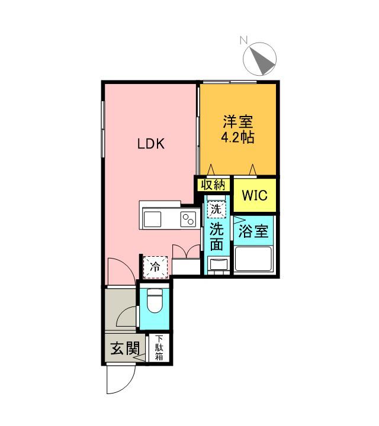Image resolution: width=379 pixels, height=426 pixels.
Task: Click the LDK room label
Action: (151, 143)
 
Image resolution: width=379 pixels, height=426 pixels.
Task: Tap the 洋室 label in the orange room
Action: (237, 122)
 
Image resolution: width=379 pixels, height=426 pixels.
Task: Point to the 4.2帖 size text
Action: (237, 138)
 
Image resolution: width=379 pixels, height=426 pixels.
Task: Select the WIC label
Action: (255, 195)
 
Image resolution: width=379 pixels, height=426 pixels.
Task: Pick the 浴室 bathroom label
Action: (254, 231)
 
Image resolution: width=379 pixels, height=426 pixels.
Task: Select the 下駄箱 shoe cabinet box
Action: (159, 348)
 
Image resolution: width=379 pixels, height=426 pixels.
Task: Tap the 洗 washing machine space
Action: (217, 209)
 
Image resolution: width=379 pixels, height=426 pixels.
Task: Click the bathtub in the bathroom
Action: (254, 259)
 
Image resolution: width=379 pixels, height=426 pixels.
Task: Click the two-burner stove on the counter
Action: (188, 219)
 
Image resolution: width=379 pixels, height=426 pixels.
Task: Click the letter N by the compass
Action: (243, 41)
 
